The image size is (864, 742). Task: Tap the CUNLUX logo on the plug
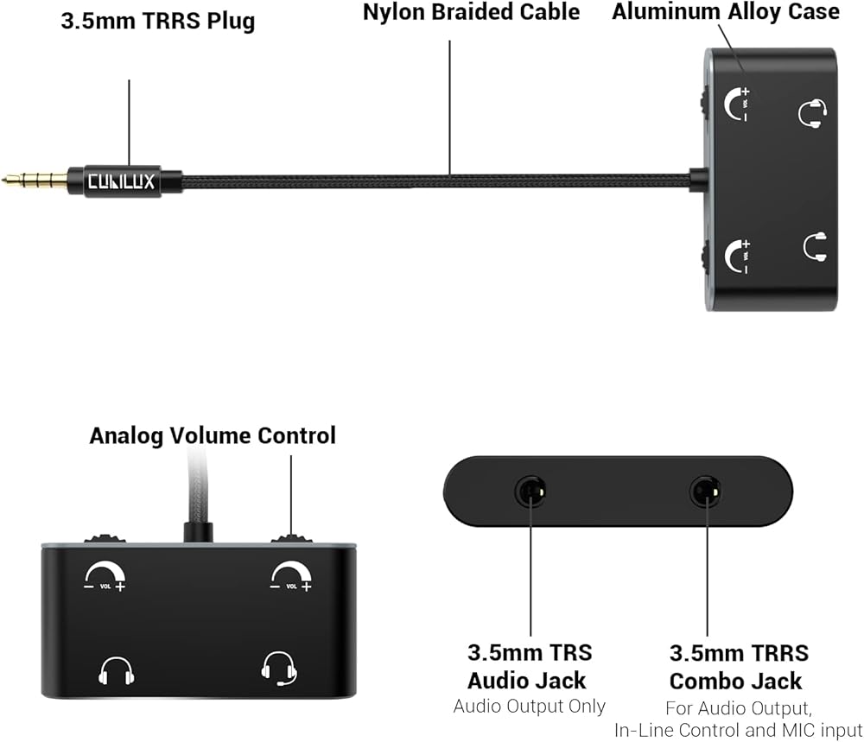(122, 181)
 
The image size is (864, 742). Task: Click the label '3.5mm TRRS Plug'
(158, 21)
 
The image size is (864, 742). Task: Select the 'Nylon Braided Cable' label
(471, 12)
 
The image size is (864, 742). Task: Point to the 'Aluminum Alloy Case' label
(726, 11)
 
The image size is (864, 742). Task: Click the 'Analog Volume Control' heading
(213, 435)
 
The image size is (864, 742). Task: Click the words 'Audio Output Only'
(529, 706)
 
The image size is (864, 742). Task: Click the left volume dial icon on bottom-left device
(105, 576)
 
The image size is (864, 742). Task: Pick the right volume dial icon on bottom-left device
(292, 576)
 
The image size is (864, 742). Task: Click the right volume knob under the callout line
(291, 538)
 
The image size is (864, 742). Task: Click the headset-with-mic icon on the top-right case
(812, 113)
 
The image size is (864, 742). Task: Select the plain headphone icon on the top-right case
(815, 247)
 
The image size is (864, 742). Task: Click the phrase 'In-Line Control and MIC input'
(738, 731)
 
